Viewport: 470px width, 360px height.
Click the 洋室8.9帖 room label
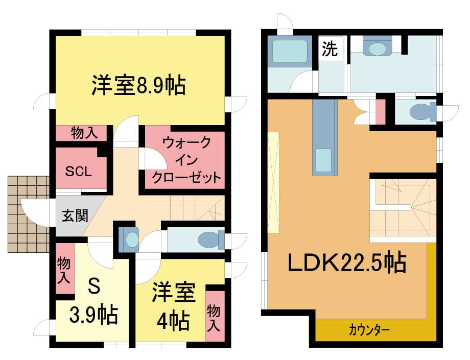(138, 86)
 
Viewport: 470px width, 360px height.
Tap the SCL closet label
(79, 172)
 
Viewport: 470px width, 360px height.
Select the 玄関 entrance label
(75, 215)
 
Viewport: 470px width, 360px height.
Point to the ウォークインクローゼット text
(186, 160)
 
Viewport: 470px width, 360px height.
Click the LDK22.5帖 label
(347, 262)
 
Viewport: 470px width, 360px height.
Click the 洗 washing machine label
(330, 49)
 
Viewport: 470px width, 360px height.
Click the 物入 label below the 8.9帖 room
(84, 133)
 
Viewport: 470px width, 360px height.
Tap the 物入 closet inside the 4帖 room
(214, 318)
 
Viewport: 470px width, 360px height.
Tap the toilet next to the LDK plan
(423, 112)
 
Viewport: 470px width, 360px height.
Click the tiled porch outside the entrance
(29, 214)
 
